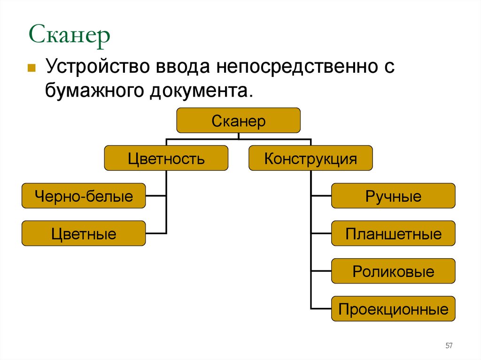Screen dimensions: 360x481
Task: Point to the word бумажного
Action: tap(94, 90)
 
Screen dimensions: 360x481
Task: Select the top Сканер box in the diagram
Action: tap(238, 121)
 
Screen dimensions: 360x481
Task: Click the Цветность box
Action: tap(166, 158)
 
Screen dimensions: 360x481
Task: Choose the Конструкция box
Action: tap(310, 158)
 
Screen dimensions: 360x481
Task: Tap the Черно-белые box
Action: tap(84, 196)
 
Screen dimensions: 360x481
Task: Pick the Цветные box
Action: tap(84, 233)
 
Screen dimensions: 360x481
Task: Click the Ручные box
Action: tap(393, 196)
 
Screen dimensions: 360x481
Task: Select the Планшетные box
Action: tap(393, 233)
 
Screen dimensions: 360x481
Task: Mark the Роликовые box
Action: tap(393, 271)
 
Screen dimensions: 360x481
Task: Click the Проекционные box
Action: tap(393, 309)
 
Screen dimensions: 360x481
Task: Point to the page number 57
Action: tap(449, 346)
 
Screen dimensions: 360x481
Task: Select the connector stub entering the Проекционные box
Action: tap(321, 308)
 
